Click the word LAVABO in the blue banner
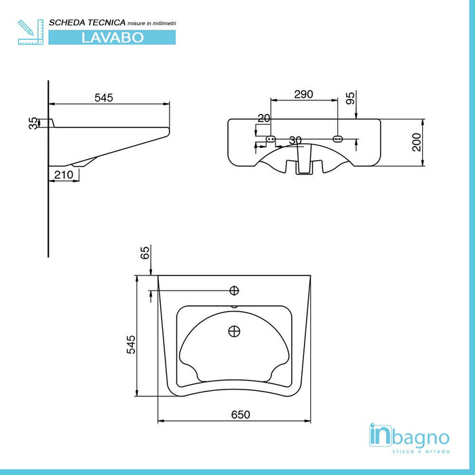coord(112,37)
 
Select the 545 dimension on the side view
coord(104,98)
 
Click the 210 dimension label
coord(64,174)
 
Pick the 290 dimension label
coord(303,94)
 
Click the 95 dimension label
coord(350,98)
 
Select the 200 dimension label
coord(417,142)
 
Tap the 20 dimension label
coord(264,119)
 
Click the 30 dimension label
coord(295,140)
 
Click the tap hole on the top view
coord(235,291)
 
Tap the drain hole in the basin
coord(235,332)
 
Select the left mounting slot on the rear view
coord(271,139)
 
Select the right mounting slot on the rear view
coord(338,139)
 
